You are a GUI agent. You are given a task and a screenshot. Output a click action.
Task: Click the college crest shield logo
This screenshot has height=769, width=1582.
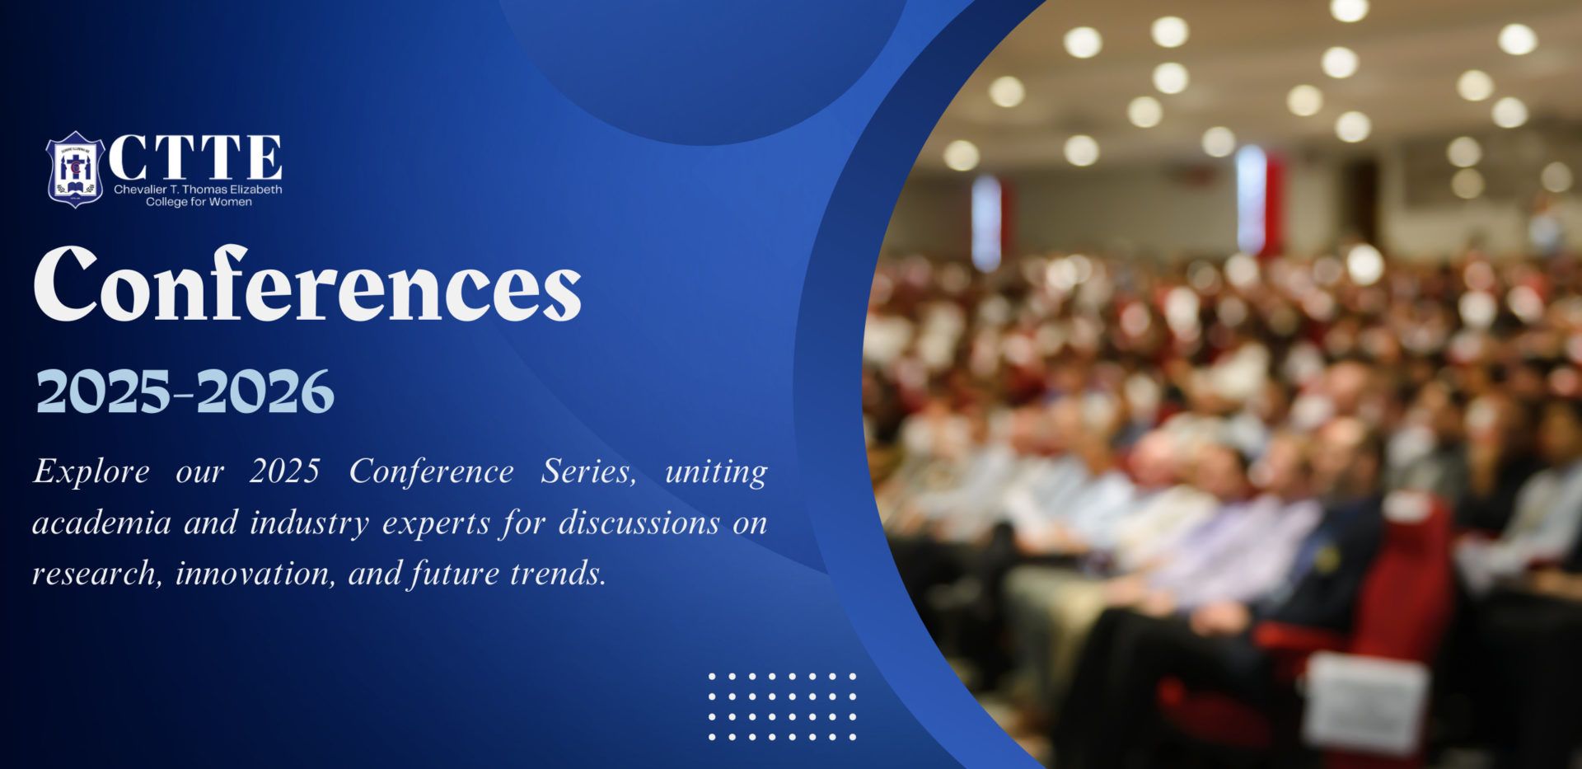[74, 169]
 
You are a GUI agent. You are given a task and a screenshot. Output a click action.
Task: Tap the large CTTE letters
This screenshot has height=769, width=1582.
[195, 157]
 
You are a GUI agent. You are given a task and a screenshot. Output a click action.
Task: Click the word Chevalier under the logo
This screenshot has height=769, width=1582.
[141, 190]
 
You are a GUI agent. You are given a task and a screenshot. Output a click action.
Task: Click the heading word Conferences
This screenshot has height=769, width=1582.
[307, 284]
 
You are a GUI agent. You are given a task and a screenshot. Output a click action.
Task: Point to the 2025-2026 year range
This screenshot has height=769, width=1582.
[185, 392]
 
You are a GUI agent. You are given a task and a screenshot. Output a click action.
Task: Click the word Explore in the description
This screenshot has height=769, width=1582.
[91, 472]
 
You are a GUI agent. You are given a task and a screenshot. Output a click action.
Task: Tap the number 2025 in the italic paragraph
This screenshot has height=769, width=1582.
[285, 471]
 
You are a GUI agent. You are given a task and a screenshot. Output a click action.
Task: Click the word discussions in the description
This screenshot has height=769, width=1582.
[639, 523]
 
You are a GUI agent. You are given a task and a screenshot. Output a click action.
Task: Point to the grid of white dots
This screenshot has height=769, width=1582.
[782, 706]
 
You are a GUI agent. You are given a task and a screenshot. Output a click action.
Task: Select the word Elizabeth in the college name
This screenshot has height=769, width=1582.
[256, 190]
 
